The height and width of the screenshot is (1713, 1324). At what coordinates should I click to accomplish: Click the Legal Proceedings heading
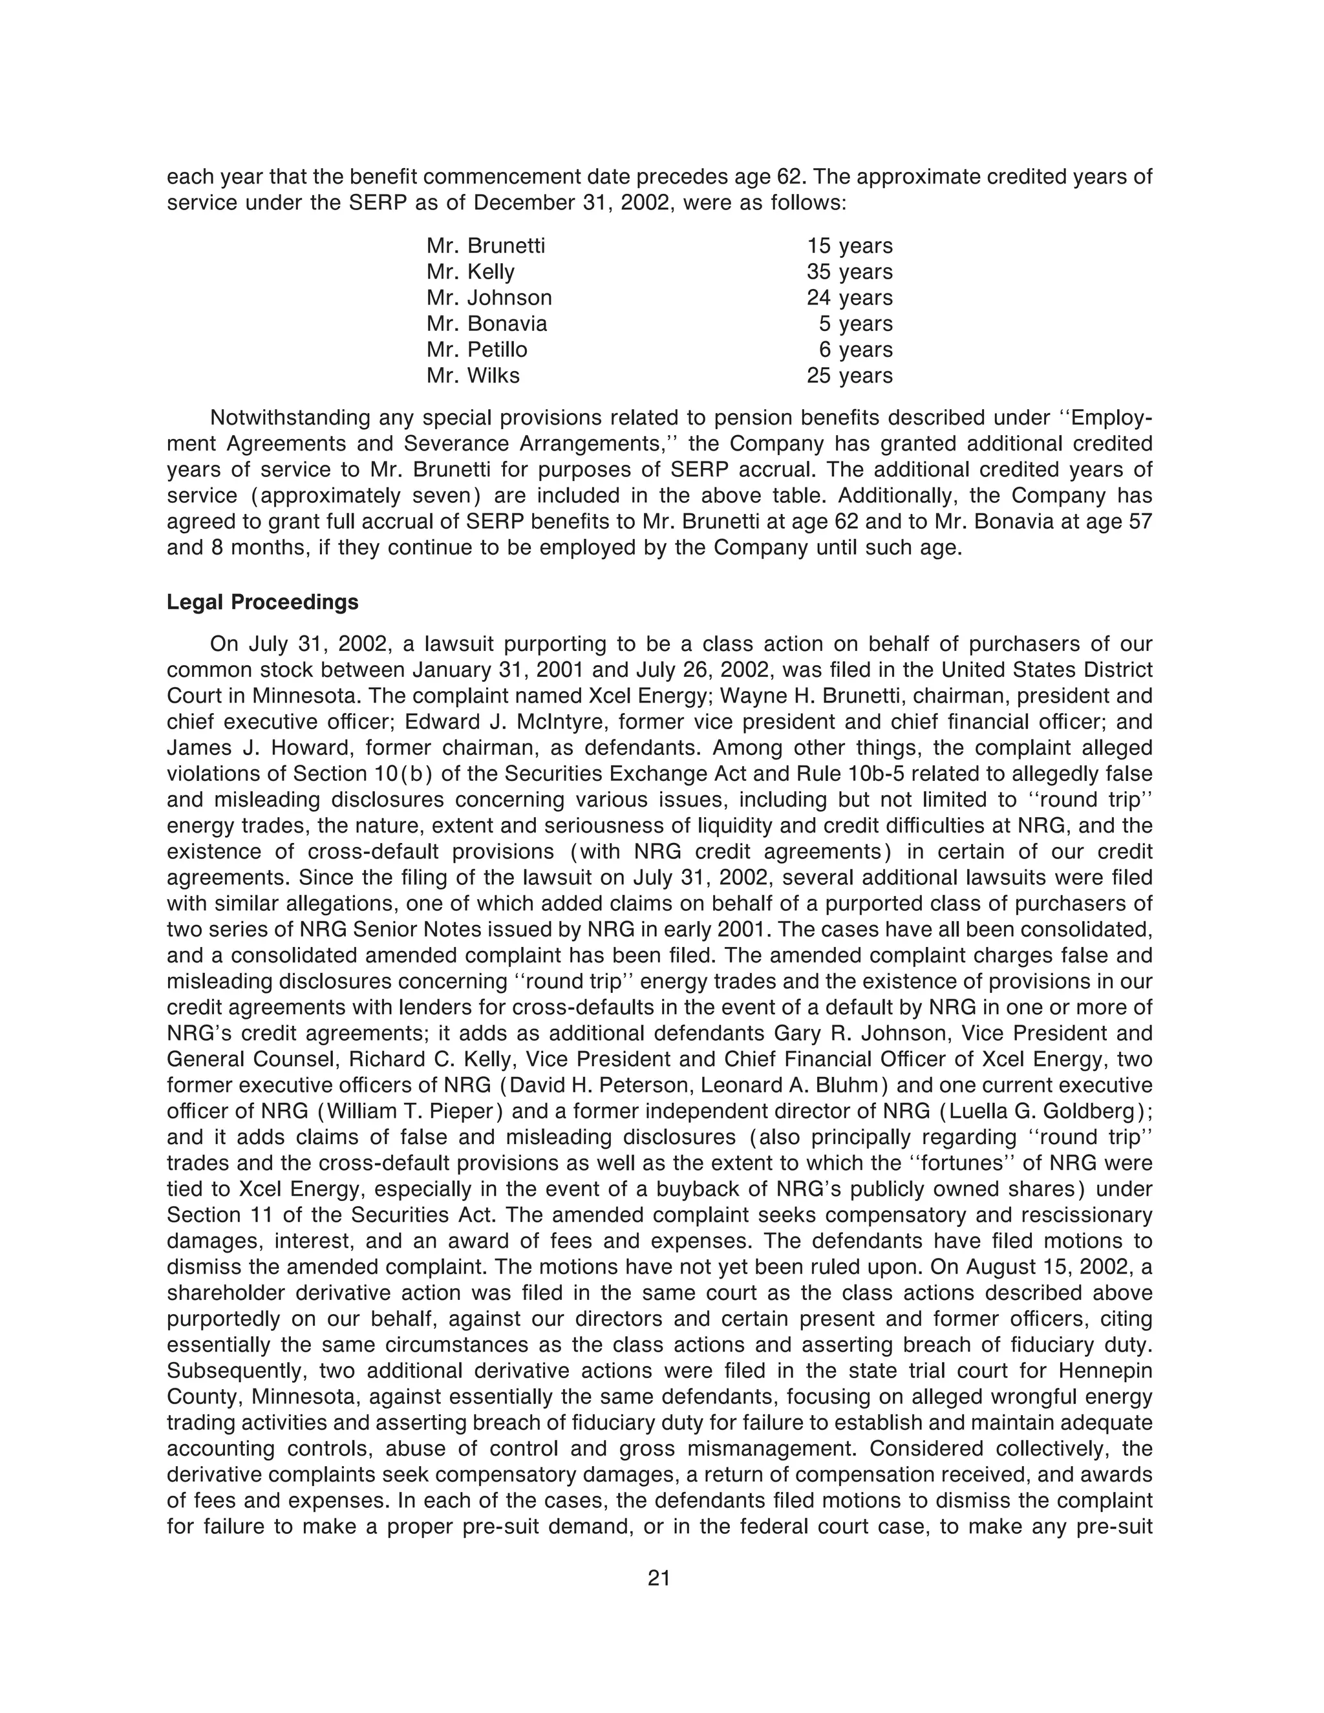pos(262,602)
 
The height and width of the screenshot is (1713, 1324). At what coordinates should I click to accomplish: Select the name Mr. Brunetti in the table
pos(486,246)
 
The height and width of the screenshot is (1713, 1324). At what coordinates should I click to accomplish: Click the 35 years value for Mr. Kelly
pos(849,272)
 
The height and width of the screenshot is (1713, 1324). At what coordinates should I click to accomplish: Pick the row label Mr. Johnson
pos(489,298)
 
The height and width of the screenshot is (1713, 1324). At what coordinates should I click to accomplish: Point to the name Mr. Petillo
pos(477,350)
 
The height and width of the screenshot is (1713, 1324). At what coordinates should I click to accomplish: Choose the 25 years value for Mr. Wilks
pos(849,376)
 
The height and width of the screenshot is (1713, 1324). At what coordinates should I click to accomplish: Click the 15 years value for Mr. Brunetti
pos(849,246)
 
